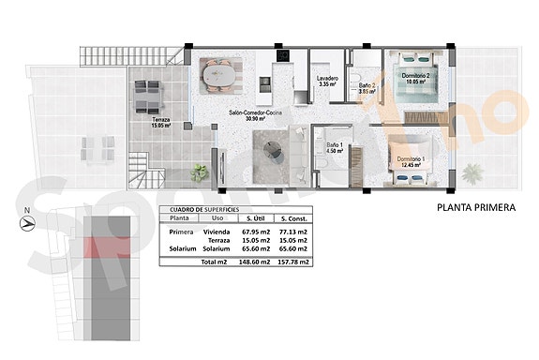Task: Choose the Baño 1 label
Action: coord(335,147)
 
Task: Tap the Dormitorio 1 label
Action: coord(410,161)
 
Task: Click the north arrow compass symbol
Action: coord(27,223)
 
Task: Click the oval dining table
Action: coord(222,71)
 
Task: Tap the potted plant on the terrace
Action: coord(200,172)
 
